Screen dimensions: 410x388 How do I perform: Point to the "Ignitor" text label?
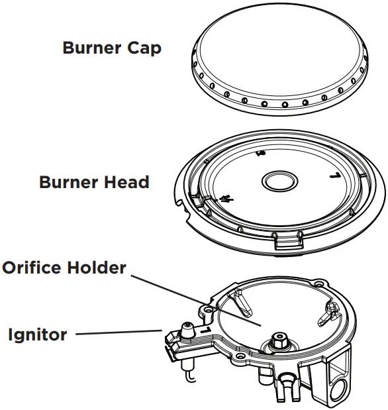point(37,334)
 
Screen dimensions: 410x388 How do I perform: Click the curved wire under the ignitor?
point(190,377)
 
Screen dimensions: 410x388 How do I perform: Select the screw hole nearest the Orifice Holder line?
point(209,308)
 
